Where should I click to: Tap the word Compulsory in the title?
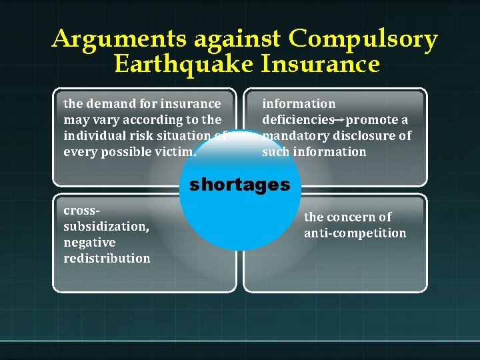363,41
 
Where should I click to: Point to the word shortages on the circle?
240,185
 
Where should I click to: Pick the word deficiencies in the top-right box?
297,120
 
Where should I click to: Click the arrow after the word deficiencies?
339,120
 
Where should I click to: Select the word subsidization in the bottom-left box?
105,227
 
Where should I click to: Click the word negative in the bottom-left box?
89,243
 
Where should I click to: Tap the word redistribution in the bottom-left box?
107,259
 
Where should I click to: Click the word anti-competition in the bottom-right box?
355,233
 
